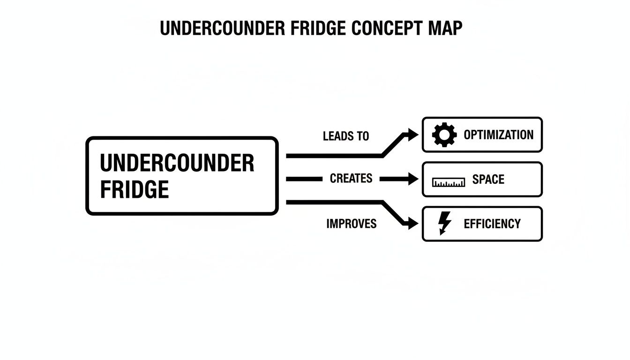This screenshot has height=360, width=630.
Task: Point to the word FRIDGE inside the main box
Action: coord(135,189)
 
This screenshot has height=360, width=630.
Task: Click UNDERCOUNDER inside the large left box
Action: coord(177,163)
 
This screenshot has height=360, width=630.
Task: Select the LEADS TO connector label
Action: coord(346,136)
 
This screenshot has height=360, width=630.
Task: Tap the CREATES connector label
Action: coord(351,179)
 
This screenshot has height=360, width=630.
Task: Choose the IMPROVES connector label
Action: coord(351,224)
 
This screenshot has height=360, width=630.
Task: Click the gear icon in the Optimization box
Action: coord(444,135)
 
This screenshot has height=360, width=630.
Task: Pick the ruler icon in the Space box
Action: coord(449,182)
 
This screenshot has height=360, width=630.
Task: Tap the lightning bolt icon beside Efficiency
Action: coord(444,223)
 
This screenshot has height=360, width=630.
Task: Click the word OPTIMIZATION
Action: coord(498,135)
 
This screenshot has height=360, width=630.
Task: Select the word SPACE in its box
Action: coord(488,180)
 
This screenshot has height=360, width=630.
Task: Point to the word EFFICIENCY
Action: coord(492,224)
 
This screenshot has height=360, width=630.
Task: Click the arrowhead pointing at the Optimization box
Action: coord(412,135)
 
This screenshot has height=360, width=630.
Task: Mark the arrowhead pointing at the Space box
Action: coord(412,179)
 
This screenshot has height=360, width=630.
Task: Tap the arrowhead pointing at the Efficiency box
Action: coord(412,224)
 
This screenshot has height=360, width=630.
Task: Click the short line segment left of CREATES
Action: coord(303,179)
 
